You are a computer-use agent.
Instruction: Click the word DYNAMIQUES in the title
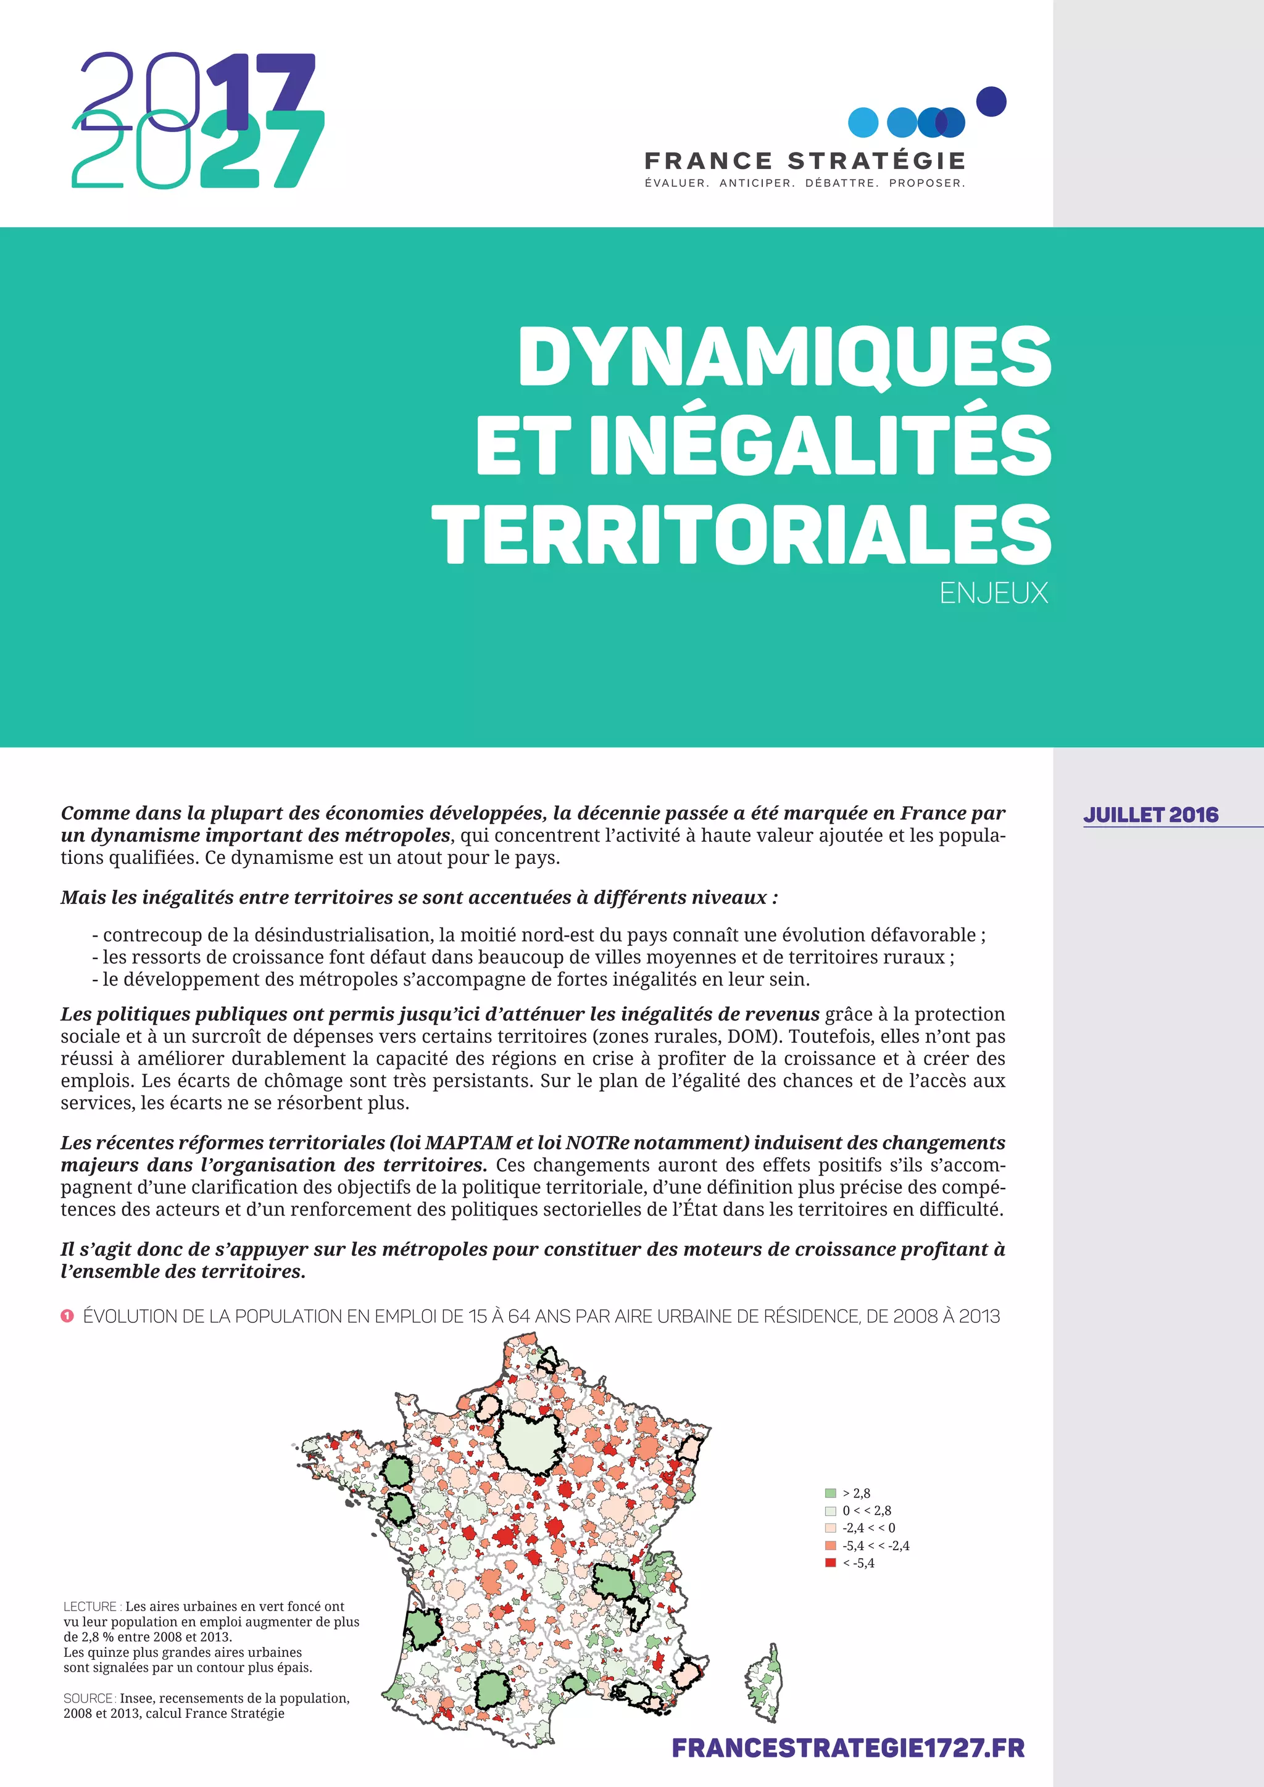[784, 357]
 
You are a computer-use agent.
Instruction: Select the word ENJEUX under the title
[993, 593]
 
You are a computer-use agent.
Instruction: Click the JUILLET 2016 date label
[1150, 815]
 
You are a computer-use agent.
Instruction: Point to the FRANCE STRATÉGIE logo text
[805, 161]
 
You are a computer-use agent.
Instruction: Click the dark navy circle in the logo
[991, 101]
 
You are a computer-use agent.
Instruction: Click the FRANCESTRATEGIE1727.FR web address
[847, 1748]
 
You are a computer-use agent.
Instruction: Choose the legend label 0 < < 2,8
[867, 1510]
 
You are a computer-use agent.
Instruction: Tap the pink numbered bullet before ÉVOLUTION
[67, 1316]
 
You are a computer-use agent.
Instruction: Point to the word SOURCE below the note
[89, 1698]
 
